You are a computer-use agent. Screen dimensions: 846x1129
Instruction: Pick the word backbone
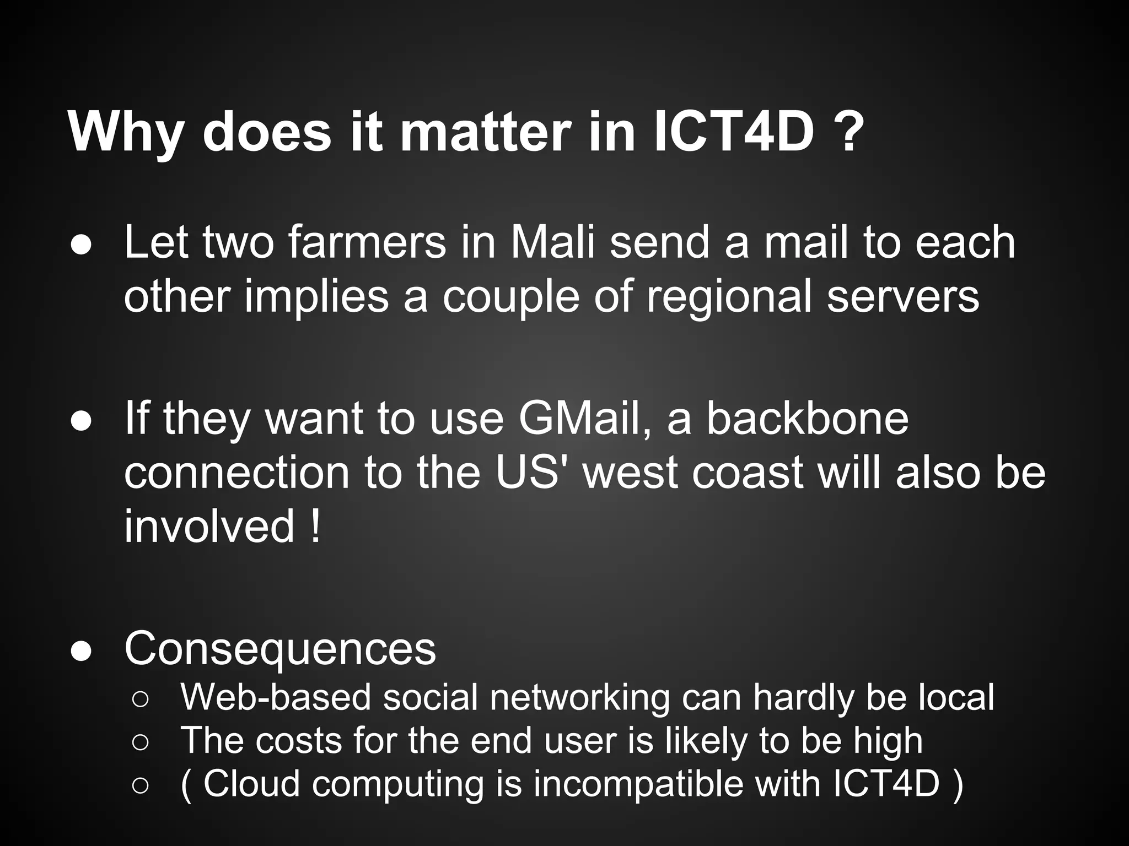click(807, 419)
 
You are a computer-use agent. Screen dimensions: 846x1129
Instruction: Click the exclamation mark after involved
click(315, 527)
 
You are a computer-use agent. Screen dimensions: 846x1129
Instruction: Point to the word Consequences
click(280, 648)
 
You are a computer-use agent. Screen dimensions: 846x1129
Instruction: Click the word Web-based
click(276, 697)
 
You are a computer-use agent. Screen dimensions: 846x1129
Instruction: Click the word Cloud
click(251, 783)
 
